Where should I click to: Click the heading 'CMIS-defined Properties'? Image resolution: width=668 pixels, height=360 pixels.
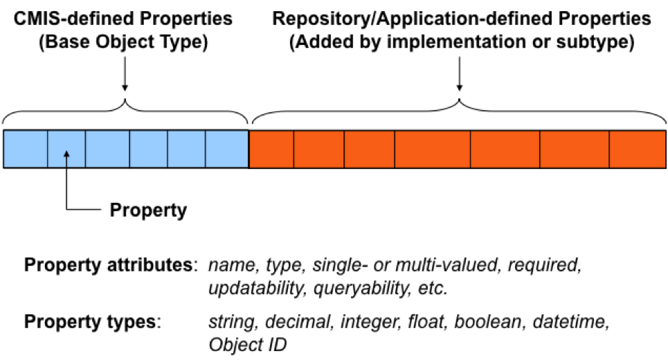(125, 19)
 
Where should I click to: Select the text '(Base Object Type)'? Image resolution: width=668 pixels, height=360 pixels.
(125, 43)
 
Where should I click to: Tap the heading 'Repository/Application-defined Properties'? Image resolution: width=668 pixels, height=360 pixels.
(462, 19)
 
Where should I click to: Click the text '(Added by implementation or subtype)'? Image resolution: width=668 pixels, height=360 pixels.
(462, 43)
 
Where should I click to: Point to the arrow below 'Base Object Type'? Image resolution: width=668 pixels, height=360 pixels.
(125, 75)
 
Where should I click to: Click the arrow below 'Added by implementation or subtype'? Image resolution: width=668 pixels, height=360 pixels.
(460, 75)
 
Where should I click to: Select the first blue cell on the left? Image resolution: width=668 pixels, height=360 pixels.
(26, 148)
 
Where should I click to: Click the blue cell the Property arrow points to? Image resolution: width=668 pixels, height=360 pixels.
(66, 148)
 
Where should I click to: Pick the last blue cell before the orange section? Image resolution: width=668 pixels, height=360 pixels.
(226, 148)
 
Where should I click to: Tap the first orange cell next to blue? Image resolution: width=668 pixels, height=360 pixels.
(271, 148)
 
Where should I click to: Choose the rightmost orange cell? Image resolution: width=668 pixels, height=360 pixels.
(638, 148)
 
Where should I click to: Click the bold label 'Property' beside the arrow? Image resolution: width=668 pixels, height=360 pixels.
(149, 210)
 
